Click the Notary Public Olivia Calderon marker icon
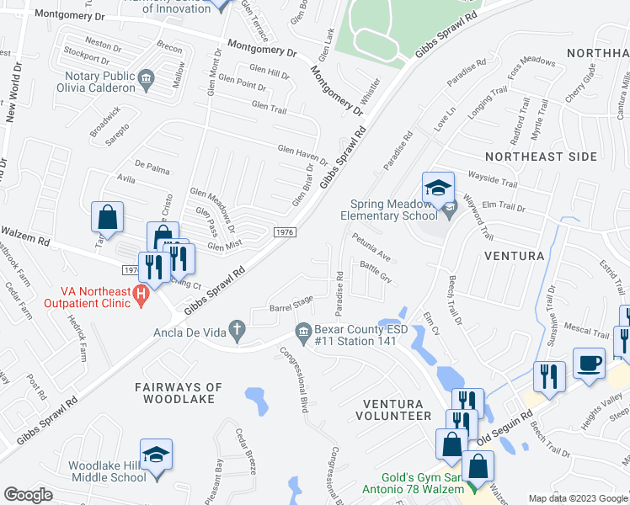click(146, 81)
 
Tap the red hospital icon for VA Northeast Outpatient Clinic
click(141, 296)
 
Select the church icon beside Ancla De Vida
click(237, 332)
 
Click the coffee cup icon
click(589, 363)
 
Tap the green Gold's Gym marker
click(472, 486)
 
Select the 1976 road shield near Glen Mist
click(284, 231)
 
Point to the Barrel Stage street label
click(291, 303)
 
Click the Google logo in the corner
click(29, 495)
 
